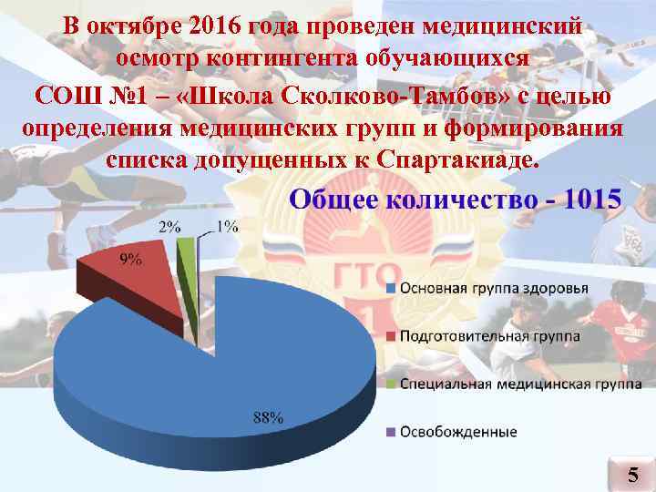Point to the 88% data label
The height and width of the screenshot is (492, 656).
(x=267, y=418)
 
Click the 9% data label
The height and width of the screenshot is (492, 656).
(x=131, y=259)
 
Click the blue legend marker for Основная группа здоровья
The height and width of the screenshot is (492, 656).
(x=391, y=289)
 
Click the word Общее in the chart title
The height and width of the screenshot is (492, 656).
(x=333, y=200)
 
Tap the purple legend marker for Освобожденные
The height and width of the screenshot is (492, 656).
(x=391, y=431)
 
